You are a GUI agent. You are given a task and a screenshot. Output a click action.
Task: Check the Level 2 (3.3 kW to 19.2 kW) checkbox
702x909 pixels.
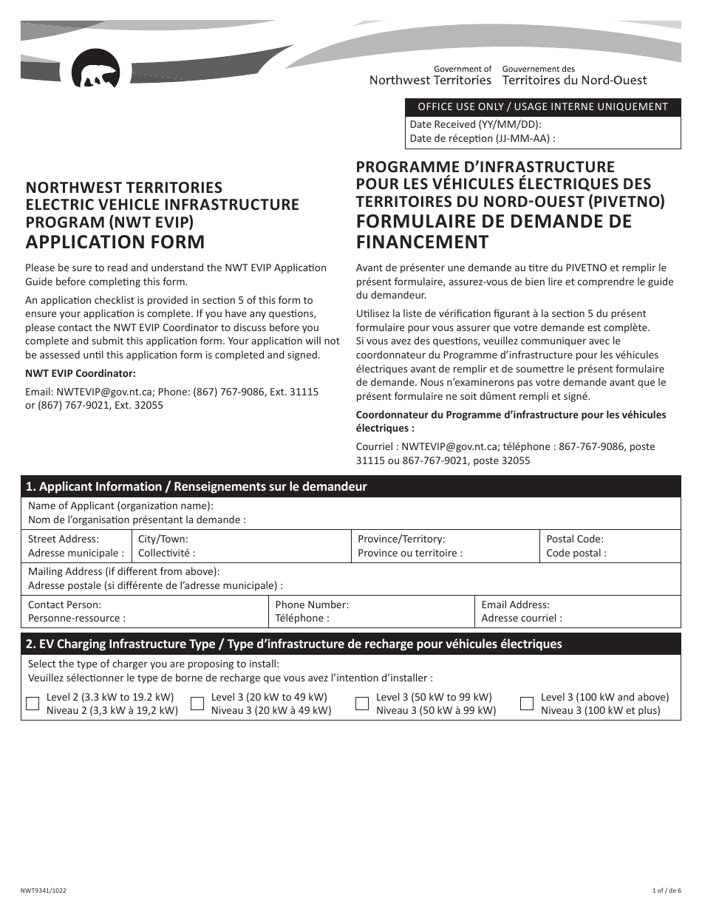pyautogui.click(x=33, y=704)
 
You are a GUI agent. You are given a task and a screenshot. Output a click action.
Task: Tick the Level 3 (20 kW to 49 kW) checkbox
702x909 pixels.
pyautogui.click(x=197, y=704)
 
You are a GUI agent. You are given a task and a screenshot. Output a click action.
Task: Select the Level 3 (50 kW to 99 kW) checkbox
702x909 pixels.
pyautogui.click(x=362, y=704)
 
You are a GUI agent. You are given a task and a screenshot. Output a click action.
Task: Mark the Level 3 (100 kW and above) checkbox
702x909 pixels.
pyautogui.click(x=527, y=704)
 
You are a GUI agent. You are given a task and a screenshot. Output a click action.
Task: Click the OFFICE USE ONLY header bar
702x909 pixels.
pyautogui.click(x=542, y=106)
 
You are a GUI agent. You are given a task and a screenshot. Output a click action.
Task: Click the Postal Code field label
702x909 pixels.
pyautogui.click(x=575, y=539)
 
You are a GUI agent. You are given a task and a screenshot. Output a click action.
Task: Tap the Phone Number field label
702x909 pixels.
pyautogui.click(x=312, y=605)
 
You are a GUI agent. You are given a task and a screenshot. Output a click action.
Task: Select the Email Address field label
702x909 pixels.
pyautogui.click(x=516, y=605)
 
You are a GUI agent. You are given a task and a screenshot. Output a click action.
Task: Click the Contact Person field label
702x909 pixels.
pyautogui.click(x=65, y=605)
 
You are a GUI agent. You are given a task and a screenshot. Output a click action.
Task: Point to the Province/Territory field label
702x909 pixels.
pyautogui.click(x=401, y=539)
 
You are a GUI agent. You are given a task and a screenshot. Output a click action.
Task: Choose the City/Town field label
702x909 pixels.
pyautogui.click(x=163, y=539)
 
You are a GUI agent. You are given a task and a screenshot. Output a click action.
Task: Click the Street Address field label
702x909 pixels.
pyautogui.click(x=64, y=539)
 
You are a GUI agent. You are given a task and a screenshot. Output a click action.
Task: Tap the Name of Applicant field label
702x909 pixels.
pyautogui.click(x=120, y=506)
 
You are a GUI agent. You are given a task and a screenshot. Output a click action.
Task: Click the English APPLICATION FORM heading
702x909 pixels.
pyautogui.click(x=115, y=242)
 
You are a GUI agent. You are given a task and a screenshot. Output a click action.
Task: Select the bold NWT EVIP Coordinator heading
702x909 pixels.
pyautogui.click(x=81, y=373)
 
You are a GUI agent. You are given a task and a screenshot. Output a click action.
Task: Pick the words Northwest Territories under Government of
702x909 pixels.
pyautogui.click(x=430, y=80)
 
